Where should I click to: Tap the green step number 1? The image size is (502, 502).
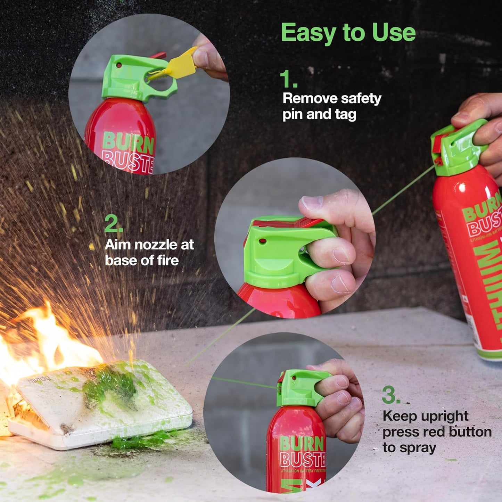288,79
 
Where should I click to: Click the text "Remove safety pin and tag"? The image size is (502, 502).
331,106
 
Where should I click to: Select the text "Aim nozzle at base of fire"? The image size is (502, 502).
149,252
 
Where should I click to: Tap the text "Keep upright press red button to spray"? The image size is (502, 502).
436,431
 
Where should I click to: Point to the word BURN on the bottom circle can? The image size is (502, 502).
302,444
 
